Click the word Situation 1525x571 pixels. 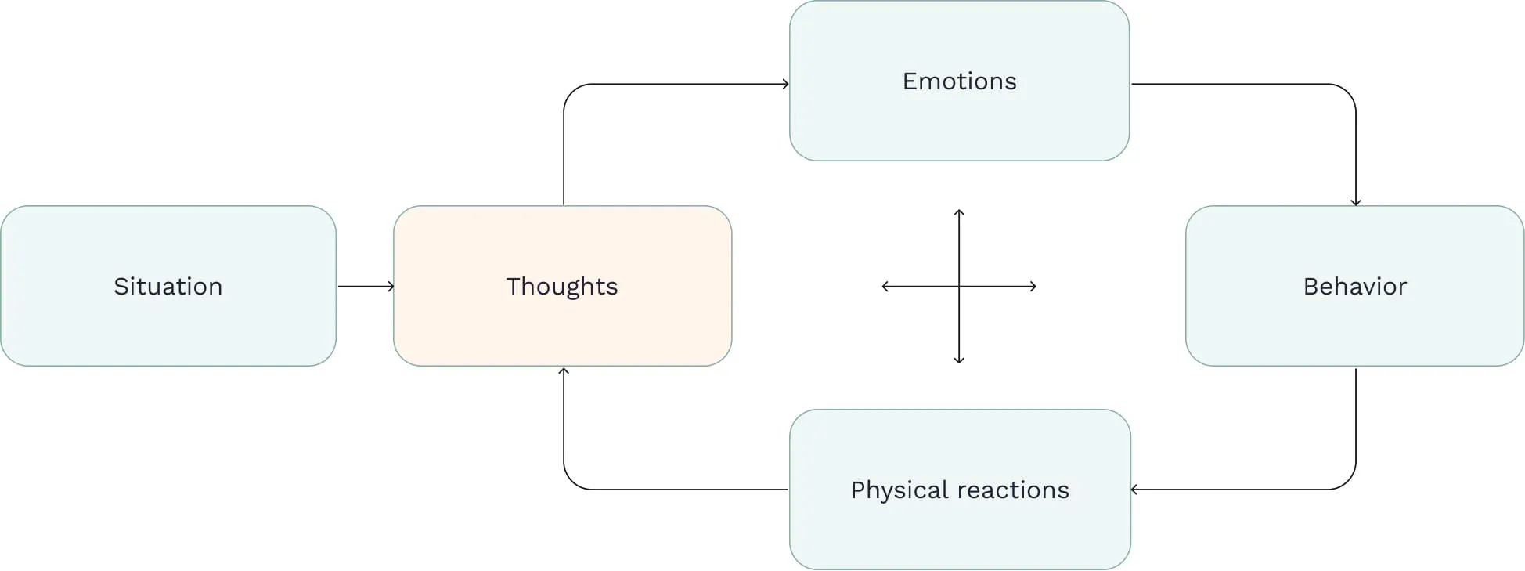[168, 287]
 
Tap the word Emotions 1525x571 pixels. [959, 81]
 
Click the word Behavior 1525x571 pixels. [1354, 287]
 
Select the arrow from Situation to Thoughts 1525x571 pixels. [365, 287]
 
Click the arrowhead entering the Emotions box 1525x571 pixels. [785, 84]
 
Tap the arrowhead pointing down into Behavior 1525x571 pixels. [1355, 202]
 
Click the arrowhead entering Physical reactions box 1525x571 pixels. [1134, 490]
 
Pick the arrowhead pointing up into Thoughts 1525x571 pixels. [564, 371]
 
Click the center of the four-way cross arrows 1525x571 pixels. [959, 287]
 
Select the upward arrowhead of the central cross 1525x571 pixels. [959, 212]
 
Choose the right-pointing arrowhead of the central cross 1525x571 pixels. [1033, 287]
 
